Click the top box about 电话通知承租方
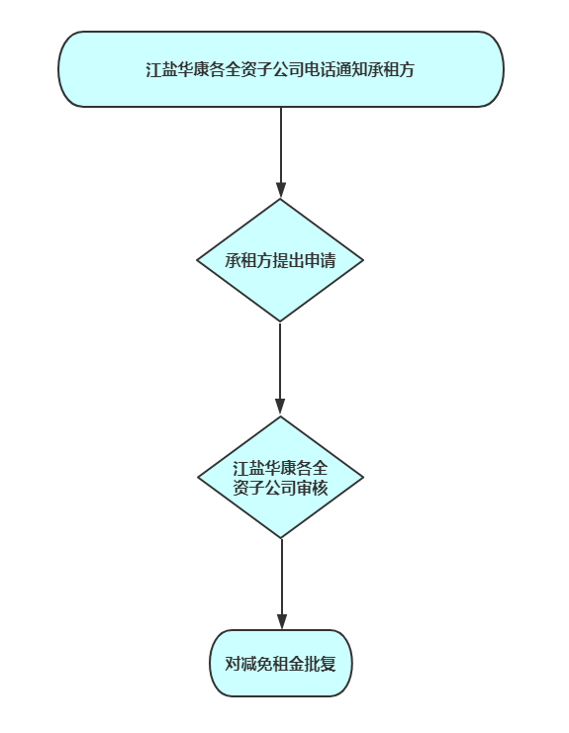tap(281, 69)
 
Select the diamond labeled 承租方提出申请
tap(280, 260)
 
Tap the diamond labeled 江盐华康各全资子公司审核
tap(280, 478)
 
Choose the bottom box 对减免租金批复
tap(280, 664)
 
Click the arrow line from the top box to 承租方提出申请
tap(280, 153)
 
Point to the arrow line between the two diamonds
tap(280, 369)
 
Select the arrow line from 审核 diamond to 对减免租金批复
tap(281, 584)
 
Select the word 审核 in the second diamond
tap(312, 488)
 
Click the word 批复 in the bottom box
tap(320, 664)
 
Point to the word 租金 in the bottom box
tap(288, 664)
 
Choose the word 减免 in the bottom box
tap(256, 664)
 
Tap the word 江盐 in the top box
tap(161, 69)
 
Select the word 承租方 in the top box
tap(391, 69)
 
